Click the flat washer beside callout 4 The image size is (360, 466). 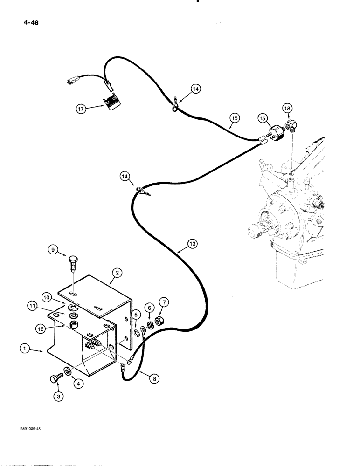(68, 371)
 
